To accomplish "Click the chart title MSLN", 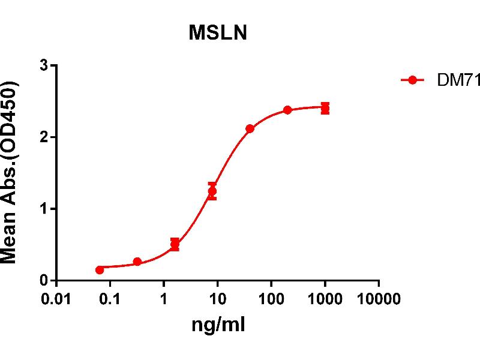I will (x=218, y=34).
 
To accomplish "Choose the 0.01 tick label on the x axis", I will (x=55, y=299).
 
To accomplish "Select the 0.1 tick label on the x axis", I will (x=110, y=299).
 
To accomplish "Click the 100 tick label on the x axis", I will (x=271, y=299).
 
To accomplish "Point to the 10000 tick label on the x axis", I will (x=379, y=299).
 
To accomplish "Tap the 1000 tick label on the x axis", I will (x=325, y=299).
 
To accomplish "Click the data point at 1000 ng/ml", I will (x=325, y=109).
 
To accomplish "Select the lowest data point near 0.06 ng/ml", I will (x=100, y=270).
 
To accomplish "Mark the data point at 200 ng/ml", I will (x=287, y=110).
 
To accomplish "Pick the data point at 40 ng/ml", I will (x=250, y=128).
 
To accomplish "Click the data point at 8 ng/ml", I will (x=212, y=191).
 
